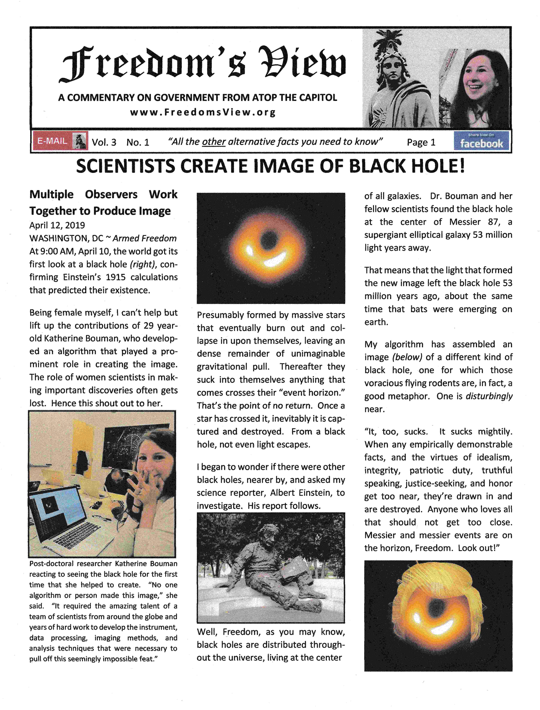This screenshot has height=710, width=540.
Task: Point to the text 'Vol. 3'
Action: [x=104, y=142]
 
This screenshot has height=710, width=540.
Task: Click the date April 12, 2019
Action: [x=57, y=225]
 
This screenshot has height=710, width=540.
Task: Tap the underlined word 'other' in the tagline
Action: [x=214, y=142]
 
